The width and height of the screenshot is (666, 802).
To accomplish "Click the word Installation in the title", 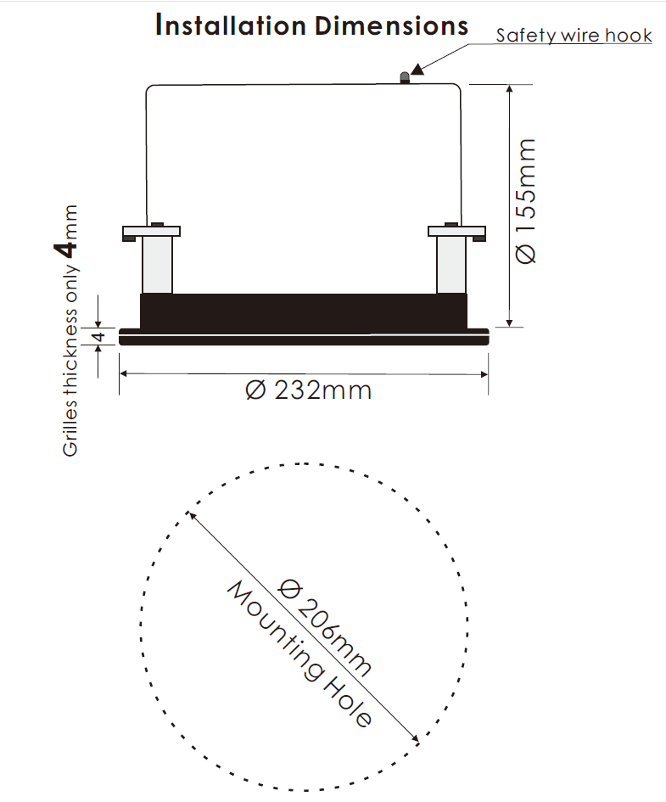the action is [231, 25].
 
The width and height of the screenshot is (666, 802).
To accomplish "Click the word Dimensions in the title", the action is [391, 25].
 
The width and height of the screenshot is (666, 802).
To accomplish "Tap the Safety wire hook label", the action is [574, 36].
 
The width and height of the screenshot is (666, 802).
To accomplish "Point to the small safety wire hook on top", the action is [405, 78].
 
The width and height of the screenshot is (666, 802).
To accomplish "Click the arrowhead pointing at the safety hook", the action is [417, 69].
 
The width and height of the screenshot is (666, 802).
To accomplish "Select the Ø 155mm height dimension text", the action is [526, 201].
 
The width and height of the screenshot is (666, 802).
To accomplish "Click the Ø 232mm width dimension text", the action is [308, 390].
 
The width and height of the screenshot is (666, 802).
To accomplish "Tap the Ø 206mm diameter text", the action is [326, 627].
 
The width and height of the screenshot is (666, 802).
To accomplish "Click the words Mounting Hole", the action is [299, 654].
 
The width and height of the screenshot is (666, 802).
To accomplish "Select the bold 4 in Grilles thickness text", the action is [66, 250].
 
